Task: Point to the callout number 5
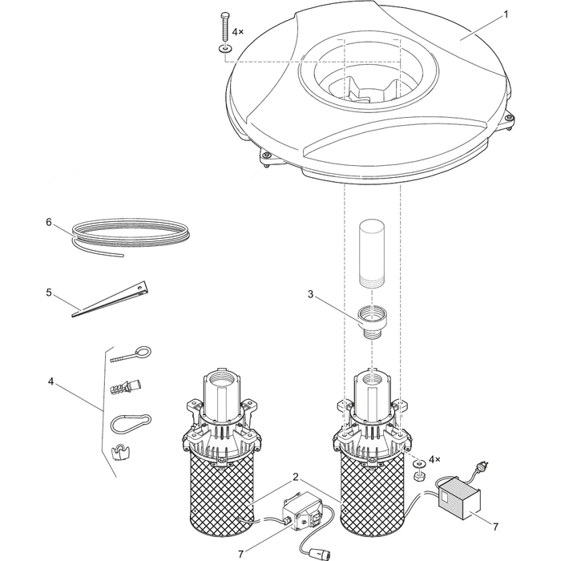(x=48, y=293)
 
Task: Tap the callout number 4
(x=50, y=381)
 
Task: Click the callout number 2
(x=297, y=477)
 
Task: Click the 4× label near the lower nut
(x=435, y=460)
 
